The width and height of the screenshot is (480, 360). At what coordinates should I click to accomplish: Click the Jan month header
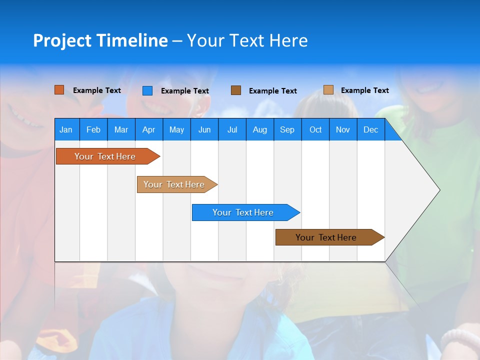click(66, 129)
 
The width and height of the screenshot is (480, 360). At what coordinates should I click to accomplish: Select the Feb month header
click(93, 129)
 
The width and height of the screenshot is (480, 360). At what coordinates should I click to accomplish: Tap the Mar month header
click(121, 129)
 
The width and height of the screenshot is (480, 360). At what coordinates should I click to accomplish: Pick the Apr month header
click(149, 129)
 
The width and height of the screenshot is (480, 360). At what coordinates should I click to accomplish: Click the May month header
click(176, 129)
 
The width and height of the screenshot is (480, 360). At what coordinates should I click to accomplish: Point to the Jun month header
click(204, 129)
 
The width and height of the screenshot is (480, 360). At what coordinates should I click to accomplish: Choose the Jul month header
click(232, 129)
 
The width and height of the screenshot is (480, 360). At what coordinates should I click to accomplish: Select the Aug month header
click(260, 129)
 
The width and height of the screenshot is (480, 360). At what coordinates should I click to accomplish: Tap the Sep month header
click(287, 129)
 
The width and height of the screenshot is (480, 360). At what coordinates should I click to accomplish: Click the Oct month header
click(315, 129)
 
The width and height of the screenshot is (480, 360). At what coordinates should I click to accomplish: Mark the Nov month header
click(343, 129)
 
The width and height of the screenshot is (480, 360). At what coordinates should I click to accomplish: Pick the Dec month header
click(371, 129)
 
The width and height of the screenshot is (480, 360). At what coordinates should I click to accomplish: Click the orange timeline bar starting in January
click(105, 156)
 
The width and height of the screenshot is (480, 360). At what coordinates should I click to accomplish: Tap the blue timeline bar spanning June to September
click(243, 212)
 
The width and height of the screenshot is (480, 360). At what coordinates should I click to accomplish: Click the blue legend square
click(147, 90)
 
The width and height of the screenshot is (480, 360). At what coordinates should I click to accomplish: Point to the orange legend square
click(59, 90)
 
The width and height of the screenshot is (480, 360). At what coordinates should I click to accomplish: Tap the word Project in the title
click(62, 40)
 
